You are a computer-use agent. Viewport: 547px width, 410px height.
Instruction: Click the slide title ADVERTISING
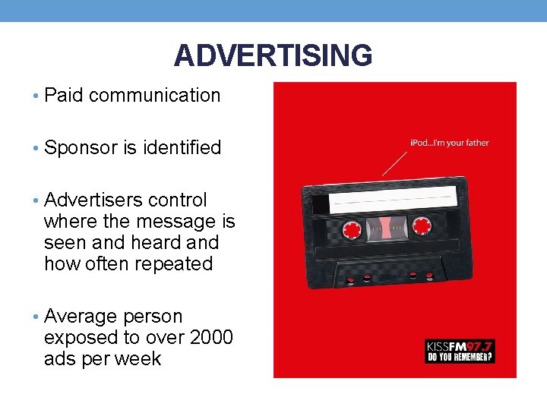pyautogui.click(x=273, y=56)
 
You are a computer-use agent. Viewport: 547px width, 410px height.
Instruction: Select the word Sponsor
pyautogui.click(x=81, y=147)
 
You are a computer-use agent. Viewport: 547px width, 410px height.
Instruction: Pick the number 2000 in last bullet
pyautogui.click(x=210, y=337)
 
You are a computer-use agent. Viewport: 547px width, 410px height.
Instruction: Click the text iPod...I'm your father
pyautogui.click(x=449, y=143)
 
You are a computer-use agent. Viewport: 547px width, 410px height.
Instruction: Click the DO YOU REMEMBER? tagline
pyautogui.click(x=460, y=356)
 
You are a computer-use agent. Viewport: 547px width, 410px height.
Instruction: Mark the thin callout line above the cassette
pyautogui.click(x=394, y=162)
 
